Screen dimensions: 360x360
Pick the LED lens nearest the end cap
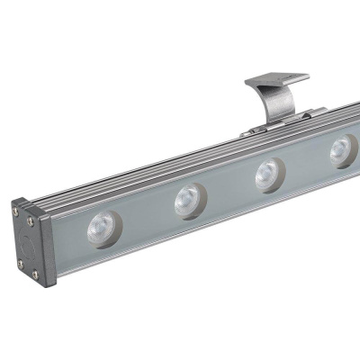(x=100, y=229)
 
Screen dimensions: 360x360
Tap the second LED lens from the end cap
(x=188, y=200)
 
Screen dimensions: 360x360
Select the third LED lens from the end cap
(x=269, y=174)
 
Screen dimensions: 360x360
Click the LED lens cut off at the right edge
(x=345, y=149)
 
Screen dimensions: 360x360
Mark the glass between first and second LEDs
(x=144, y=216)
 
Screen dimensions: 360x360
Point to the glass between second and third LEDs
(x=229, y=188)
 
